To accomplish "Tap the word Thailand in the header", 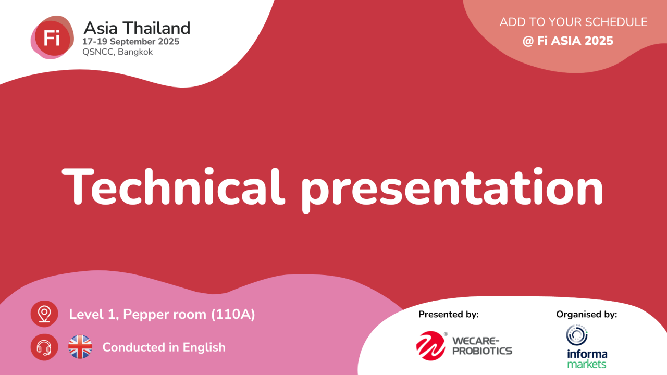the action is pos(157,28).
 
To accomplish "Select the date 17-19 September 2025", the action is pos(131,41).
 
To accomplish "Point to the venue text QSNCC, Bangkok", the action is pos(118,52).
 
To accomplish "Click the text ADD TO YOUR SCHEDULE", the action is pos(574,22).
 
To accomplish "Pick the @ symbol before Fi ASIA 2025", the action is pos(528,41).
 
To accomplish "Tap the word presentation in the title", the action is pos(452,190).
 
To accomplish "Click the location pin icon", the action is pos(44,314).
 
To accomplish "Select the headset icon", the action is pos(44,347).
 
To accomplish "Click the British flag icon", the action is pos(80,347).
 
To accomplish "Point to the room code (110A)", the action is pos(233,314).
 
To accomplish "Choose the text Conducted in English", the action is pos(164,347).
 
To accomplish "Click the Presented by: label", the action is pos(449,314).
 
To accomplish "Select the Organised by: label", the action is pos(587,314).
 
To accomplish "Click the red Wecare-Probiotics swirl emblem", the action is pos(430,346).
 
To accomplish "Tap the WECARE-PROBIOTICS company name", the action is pos(482,346).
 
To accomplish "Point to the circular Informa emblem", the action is pos(577,335).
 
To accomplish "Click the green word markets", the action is pos(587,364).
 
